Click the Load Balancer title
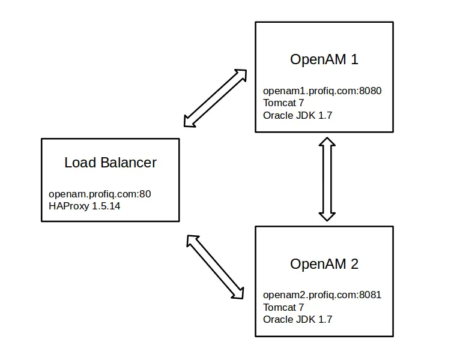[x=110, y=163]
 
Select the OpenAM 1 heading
[x=324, y=59]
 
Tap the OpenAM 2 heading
[x=324, y=264]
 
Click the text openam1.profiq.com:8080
[x=322, y=91]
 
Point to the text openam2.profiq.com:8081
[x=322, y=295]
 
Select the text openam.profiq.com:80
[x=100, y=194]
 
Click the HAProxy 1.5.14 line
[x=84, y=206]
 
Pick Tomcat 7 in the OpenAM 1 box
[x=283, y=103]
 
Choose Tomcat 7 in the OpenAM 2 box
[x=283, y=307]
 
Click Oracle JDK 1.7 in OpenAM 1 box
[x=298, y=115]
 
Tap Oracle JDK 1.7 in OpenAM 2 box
[x=298, y=319]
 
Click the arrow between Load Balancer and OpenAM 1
[x=216, y=98]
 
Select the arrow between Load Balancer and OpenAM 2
[x=215, y=267]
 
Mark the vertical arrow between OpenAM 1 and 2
[x=327, y=179]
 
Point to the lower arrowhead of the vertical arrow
[x=327, y=217]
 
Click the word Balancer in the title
[x=129, y=163]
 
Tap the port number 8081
[x=370, y=295]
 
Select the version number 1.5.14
[x=106, y=206]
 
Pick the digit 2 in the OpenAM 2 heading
[x=354, y=264]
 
